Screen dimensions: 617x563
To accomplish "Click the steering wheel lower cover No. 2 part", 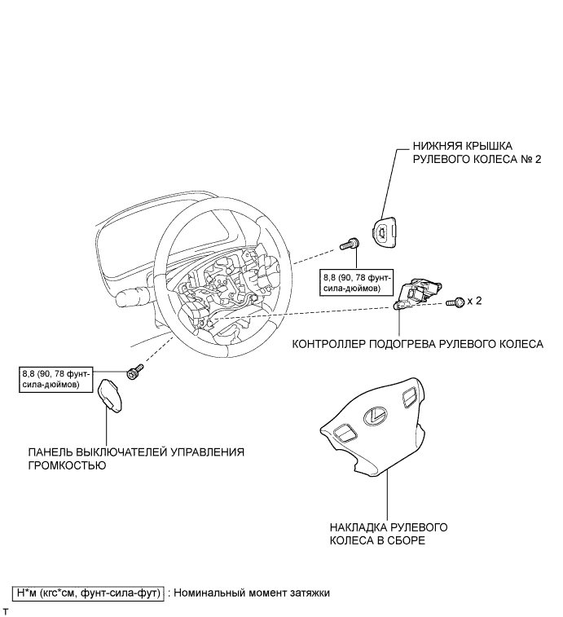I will click(382, 234).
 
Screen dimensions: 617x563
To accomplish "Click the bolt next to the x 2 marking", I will click(456, 302).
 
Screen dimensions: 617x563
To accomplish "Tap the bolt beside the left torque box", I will click(134, 373).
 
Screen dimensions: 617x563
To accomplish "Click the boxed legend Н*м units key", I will click(90, 593).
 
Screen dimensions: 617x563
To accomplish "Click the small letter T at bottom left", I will click(6, 610).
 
